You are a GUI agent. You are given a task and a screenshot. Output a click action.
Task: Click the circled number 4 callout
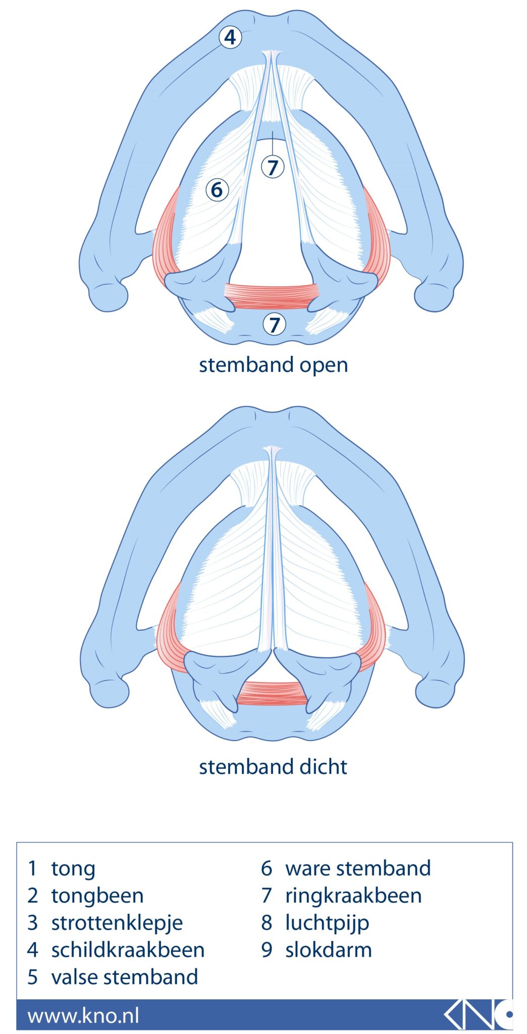coord(230,37)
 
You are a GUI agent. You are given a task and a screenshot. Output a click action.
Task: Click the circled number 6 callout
coord(217,190)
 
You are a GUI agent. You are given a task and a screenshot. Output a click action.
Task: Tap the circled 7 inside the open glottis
coord(273,167)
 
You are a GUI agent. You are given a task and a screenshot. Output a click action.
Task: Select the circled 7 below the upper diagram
coord(274,325)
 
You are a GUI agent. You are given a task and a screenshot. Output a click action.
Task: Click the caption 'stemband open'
coord(273,365)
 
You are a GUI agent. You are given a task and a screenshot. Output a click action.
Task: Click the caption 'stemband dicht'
coord(273,767)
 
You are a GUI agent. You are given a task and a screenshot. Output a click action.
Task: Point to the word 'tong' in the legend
coord(73,869)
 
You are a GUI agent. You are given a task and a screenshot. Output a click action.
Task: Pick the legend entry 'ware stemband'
coord(358,869)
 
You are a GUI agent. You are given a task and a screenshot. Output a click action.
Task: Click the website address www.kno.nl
coord(83,1016)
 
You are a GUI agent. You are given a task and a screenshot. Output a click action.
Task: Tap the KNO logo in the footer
coord(478,1014)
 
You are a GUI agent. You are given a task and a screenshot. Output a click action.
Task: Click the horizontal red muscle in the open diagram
coord(272,296)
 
